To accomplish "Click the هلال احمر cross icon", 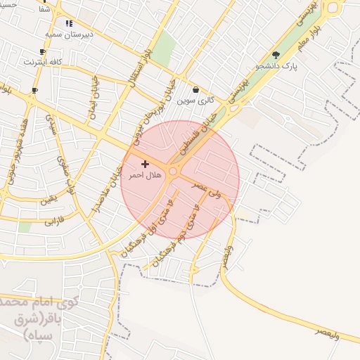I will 145,164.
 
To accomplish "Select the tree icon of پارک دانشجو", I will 276,55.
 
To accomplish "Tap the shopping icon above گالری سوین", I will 195,90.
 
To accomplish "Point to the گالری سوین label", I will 195,101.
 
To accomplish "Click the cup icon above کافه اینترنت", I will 43,52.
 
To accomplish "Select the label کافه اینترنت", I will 43,62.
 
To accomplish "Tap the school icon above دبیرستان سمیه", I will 69,23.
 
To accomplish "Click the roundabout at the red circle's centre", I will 173,171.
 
